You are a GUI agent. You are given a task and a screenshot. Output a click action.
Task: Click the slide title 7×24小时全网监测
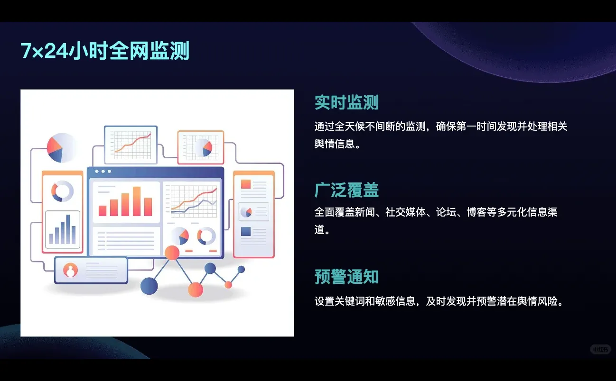[x=105, y=51]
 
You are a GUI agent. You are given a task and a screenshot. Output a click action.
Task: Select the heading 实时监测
[x=346, y=102]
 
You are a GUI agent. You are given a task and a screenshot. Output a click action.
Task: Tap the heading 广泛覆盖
[x=346, y=190]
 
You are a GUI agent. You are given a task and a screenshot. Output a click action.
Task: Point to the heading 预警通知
[x=346, y=277]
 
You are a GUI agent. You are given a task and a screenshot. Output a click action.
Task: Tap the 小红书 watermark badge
[x=600, y=349]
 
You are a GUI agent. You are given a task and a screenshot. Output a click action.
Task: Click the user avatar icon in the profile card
[x=71, y=270]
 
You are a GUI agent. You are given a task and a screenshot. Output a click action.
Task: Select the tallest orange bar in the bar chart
[x=137, y=201]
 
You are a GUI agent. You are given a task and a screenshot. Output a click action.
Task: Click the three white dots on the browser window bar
[x=103, y=171]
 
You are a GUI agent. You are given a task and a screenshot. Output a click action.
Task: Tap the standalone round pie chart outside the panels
[x=61, y=148]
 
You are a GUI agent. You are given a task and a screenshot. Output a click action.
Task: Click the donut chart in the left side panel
[x=62, y=191]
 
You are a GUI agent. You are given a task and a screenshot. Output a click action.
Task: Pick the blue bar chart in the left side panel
[x=62, y=230]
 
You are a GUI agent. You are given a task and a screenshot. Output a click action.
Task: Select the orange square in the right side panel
[x=246, y=184]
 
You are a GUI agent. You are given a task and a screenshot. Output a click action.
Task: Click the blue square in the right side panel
[x=246, y=231]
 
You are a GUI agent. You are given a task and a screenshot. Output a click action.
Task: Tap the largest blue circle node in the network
[x=149, y=286]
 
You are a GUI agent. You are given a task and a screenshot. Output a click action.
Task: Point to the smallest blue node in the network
[x=241, y=269]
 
